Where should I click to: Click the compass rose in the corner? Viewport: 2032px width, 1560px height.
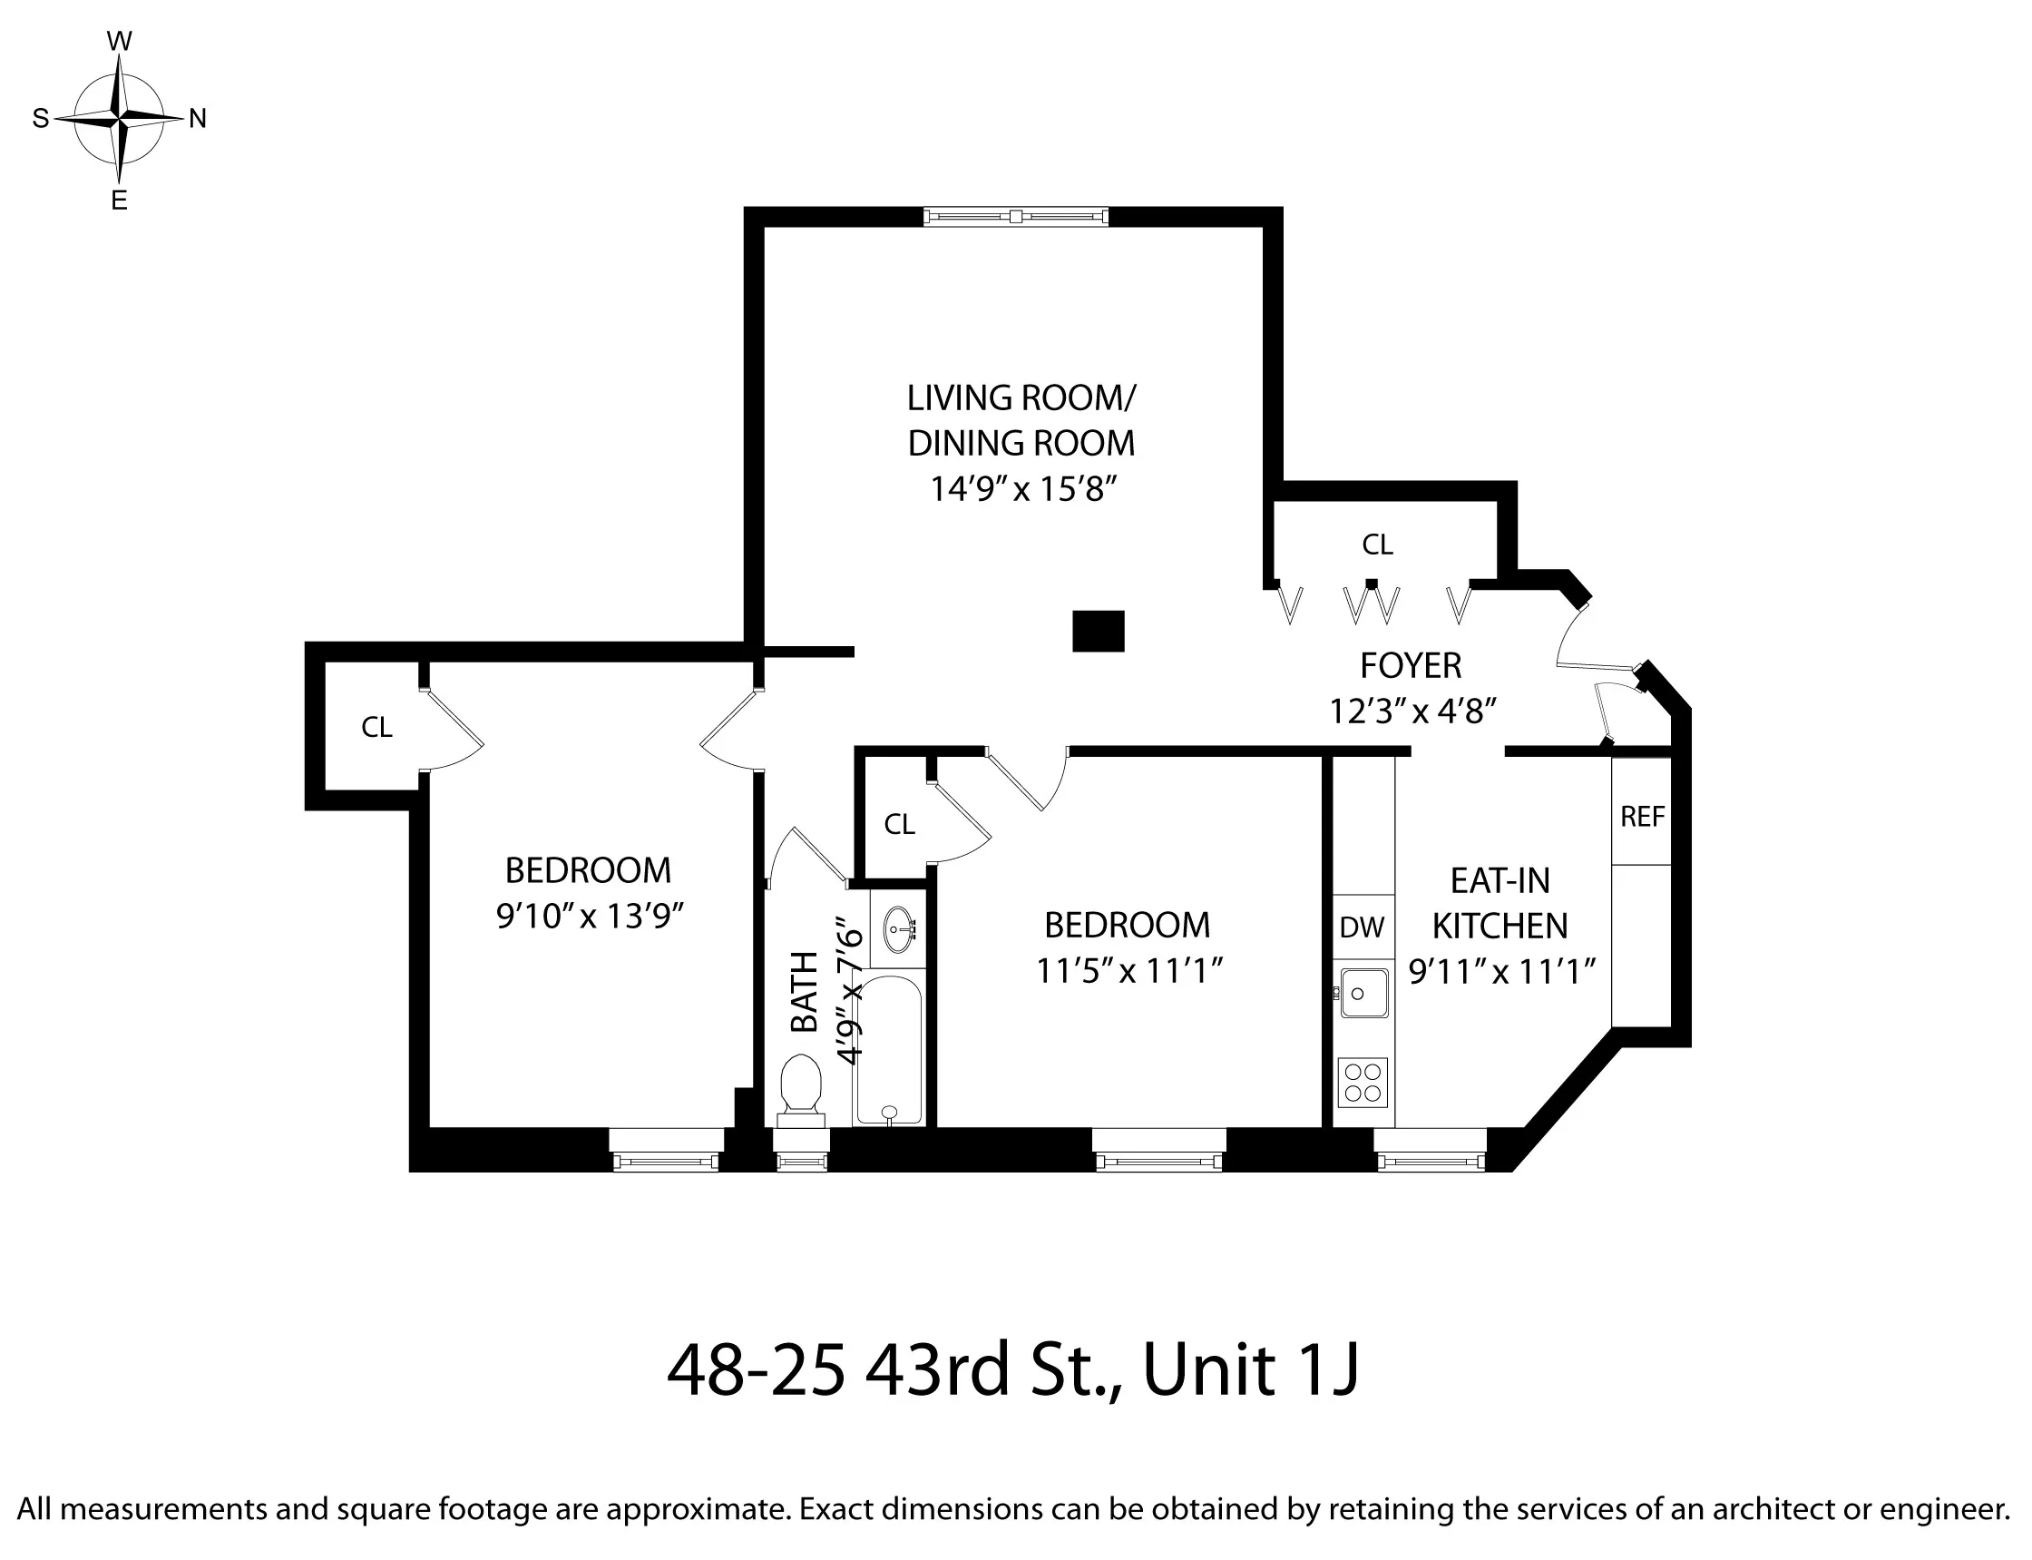point(119,119)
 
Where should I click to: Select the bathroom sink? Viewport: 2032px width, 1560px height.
point(898,929)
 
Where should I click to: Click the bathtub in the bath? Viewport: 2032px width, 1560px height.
point(888,1049)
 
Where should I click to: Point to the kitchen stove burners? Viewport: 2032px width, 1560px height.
point(1363,1082)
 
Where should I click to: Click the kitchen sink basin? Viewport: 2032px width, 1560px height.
point(1363,994)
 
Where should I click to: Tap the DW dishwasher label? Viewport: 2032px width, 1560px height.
point(1362,927)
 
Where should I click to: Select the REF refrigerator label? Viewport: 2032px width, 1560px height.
point(1642,817)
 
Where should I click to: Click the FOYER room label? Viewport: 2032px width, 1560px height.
point(1410,666)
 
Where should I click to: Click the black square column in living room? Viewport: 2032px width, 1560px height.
point(1099,632)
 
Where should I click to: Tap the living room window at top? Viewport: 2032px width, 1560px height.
point(1015,216)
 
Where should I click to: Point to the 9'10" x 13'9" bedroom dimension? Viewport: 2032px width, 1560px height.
point(590,917)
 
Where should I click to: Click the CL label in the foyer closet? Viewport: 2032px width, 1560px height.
point(1378,545)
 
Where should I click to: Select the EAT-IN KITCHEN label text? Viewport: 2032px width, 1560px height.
point(1500,903)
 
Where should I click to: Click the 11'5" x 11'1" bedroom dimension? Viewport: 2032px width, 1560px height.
point(1128,971)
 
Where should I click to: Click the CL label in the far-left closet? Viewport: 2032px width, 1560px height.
point(376,727)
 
